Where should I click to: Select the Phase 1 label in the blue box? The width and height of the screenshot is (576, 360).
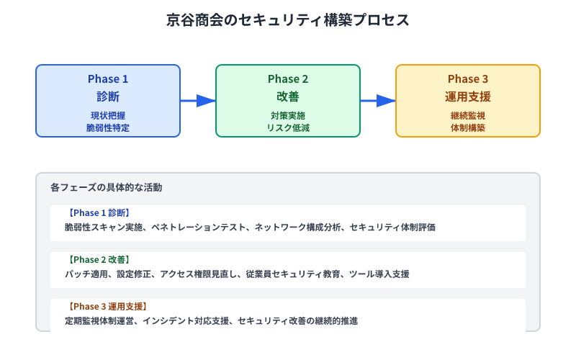pyautogui.click(x=108, y=79)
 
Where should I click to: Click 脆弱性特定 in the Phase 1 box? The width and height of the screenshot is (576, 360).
pyautogui.click(x=108, y=127)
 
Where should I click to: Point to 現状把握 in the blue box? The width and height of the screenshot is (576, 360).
pyautogui.click(x=108, y=115)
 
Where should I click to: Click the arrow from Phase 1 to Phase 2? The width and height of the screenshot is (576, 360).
pyautogui.click(x=198, y=101)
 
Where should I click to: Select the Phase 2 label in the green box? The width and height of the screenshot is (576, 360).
pyautogui.click(x=288, y=79)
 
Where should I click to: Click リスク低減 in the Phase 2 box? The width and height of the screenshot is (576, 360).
pyautogui.click(x=288, y=127)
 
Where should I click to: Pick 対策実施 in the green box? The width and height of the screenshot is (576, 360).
pyautogui.click(x=288, y=115)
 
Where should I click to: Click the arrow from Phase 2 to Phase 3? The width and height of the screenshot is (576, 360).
pyautogui.click(x=378, y=101)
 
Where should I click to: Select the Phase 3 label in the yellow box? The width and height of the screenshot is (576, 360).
pyautogui.click(x=468, y=79)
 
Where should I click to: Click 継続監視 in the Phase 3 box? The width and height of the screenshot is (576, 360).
pyautogui.click(x=468, y=115)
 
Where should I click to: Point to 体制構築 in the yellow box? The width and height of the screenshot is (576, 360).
pyautogui.click(x=468, y=127)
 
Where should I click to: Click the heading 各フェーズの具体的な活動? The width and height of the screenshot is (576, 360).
pyautogui.click(x=106, y=187)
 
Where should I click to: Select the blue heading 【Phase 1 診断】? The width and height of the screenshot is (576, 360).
pyautogui.click(x=99, y=213)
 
